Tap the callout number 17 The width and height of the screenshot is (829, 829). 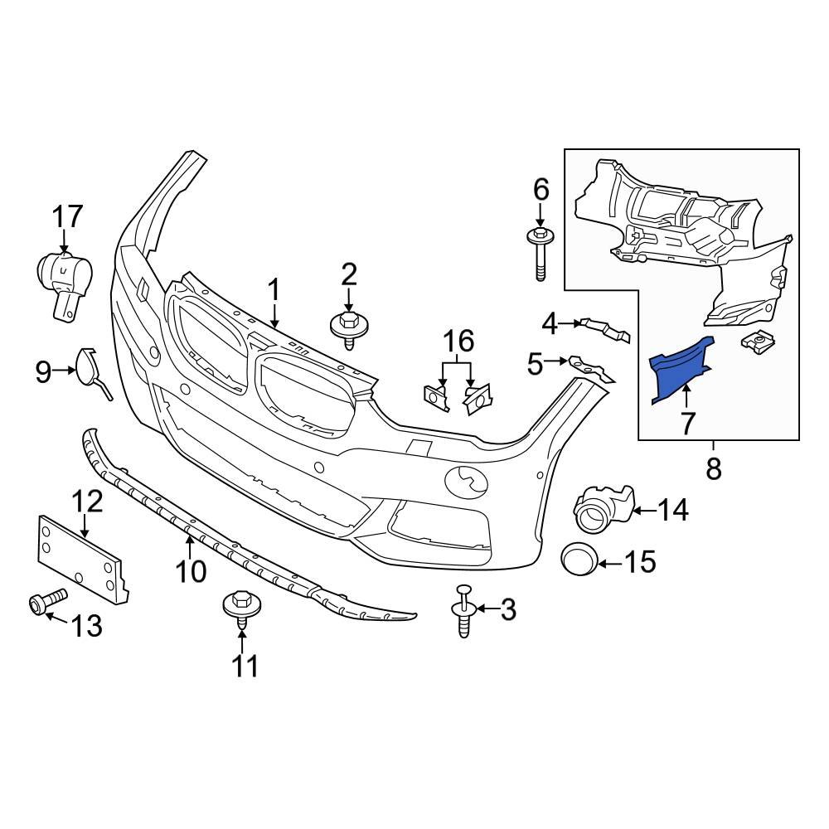click(68, 217)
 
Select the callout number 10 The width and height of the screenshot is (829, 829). click(191, 571)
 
